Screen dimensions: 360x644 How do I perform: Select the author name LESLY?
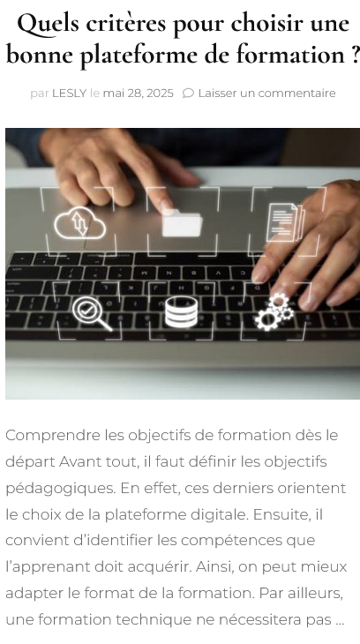coord(70,94)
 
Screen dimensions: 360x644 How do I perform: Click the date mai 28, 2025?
coord(138,94)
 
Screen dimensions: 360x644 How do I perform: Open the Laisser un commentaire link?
coord(266,94)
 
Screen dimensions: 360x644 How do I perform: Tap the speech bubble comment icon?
coord(188,94)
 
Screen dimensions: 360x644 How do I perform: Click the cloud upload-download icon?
coord(80,222)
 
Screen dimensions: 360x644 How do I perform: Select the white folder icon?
coord(182,223)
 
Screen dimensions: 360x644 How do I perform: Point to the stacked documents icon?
coord(285,221)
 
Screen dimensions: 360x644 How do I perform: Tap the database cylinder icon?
coord(181,312)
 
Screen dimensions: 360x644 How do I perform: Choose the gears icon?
coord(274,312)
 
